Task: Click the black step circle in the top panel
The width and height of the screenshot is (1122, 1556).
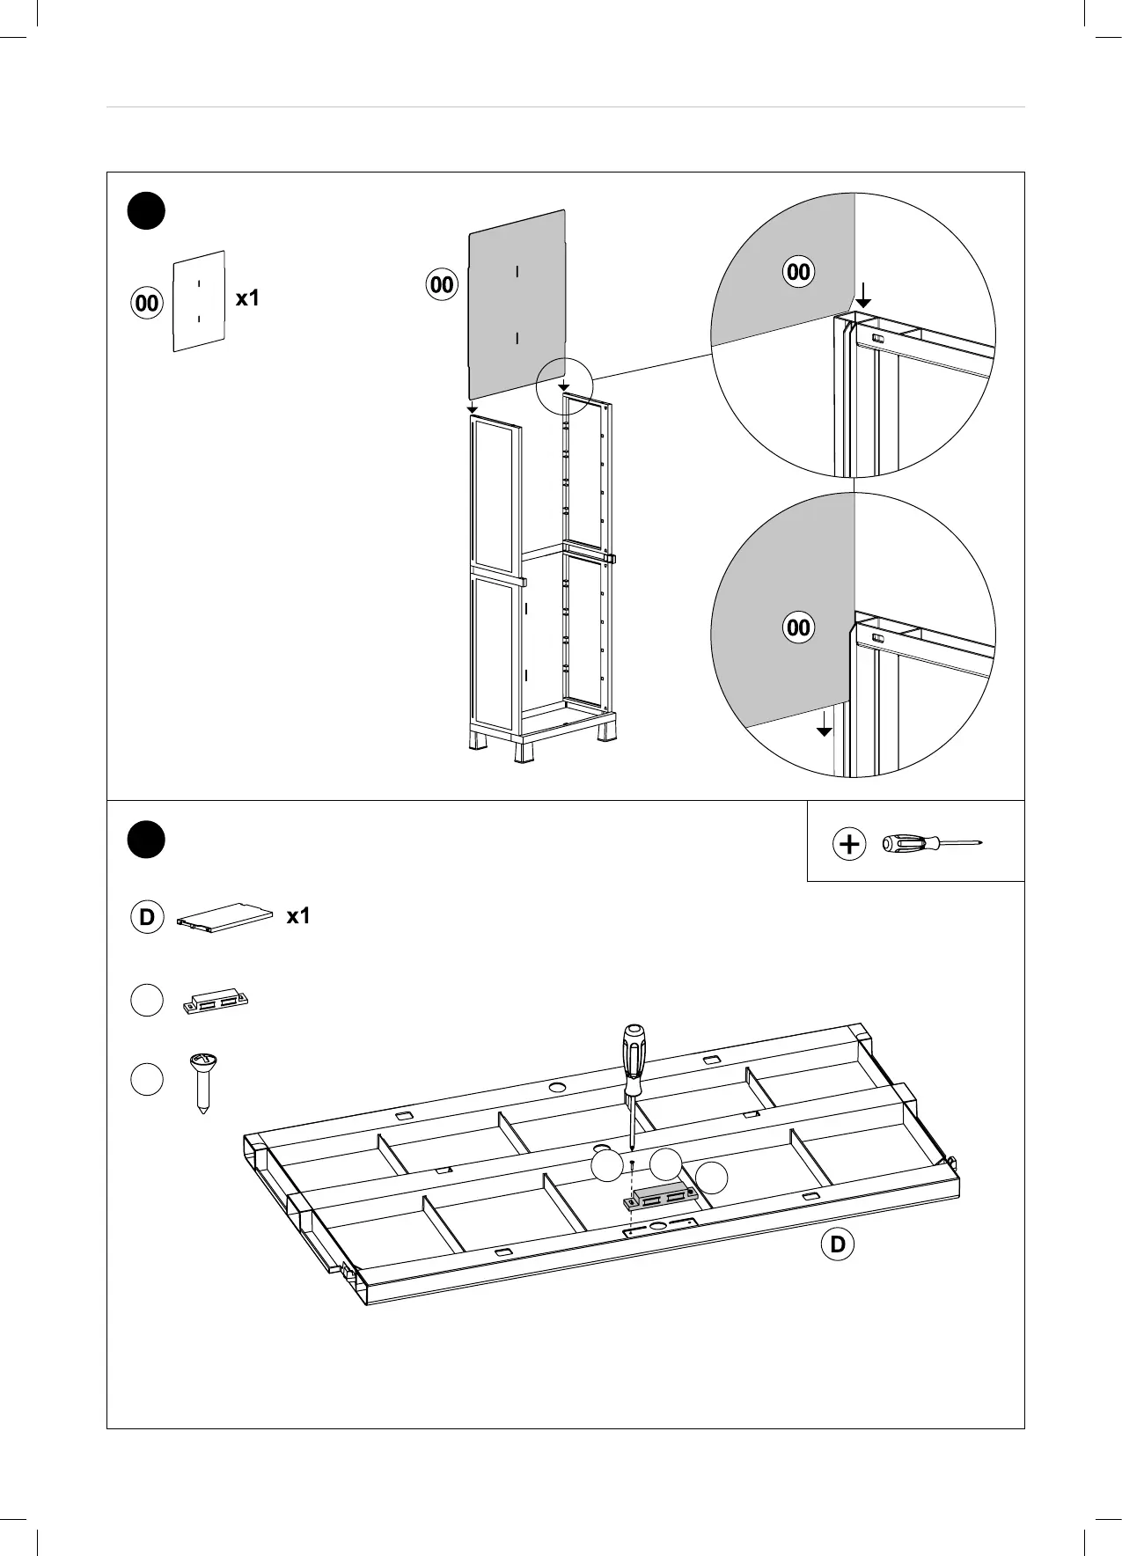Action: pos(146,211)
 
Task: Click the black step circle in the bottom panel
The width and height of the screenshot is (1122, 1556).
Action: pos(146,839)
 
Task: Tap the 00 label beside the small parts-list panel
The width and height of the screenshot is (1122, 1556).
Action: pos(147,304)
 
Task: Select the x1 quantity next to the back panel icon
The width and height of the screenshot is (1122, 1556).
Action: pos(248,298)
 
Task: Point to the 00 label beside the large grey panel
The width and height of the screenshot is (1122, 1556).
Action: pos(442,284)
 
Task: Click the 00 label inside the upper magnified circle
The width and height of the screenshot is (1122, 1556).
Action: pos(798,272)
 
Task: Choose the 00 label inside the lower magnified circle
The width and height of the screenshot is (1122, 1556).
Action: pos(798,628)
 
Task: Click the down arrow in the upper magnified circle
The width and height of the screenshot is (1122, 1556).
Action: pos(864,295)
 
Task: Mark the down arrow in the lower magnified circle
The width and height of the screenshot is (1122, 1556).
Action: pos(824,723)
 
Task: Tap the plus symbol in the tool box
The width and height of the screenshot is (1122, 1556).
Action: pos(849,845)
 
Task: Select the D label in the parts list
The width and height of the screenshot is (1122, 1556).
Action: pos(147,917)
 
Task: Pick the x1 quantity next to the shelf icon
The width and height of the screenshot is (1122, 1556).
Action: pos(298,916)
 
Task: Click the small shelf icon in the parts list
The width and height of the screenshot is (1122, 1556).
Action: pos(226,916)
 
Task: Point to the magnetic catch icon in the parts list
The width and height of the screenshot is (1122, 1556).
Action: pos(216,1002)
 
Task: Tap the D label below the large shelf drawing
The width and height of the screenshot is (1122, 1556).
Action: pos(837,1244)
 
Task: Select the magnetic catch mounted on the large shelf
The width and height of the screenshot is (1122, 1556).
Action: pos(661,1195)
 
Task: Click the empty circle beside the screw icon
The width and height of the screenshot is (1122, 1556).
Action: pos(147,1079)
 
